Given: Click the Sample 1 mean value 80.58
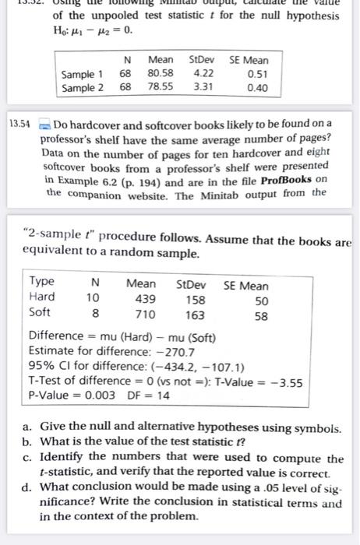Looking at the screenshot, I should point(161,74).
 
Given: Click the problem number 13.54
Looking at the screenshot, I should point(19,124).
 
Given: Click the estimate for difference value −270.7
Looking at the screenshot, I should point(164,351).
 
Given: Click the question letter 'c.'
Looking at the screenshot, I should point(27,459).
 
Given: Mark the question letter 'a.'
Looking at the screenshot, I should point(27,429).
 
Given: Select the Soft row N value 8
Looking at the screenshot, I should point(95,315).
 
